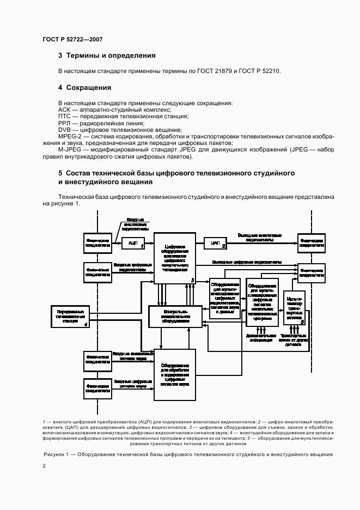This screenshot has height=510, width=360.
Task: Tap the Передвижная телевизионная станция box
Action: pos(70,317)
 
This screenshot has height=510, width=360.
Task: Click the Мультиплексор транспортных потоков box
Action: pos(294,308)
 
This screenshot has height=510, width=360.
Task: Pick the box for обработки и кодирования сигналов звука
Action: pos(175,374)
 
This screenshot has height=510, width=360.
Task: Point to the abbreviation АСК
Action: pos(65,110)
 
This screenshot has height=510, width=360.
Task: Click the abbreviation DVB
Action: pos(65,130)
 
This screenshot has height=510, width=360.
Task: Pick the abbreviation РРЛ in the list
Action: pos(65,123)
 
